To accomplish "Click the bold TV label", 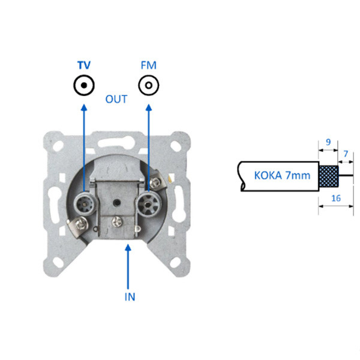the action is tap(84, 65).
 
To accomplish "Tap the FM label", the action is tap(149, 65).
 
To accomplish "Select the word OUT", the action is tap(116, 99).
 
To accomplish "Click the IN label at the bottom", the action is tap(130, 297).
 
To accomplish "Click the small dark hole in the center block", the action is tap(117, 203).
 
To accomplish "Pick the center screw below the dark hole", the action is tap(117, 222).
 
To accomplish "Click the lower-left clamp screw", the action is tap(81, 224).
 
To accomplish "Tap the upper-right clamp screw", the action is tap(155, 183).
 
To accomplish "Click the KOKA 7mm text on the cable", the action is tap(282, 176).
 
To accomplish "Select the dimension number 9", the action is tap(328, 142).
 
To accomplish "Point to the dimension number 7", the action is tap(346, 154).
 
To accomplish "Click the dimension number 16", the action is tap(336, 198).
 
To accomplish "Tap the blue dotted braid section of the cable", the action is tap(329, 176).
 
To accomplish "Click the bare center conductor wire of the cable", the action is tap(346, 176).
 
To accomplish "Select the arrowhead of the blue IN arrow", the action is tap(128, 248).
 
